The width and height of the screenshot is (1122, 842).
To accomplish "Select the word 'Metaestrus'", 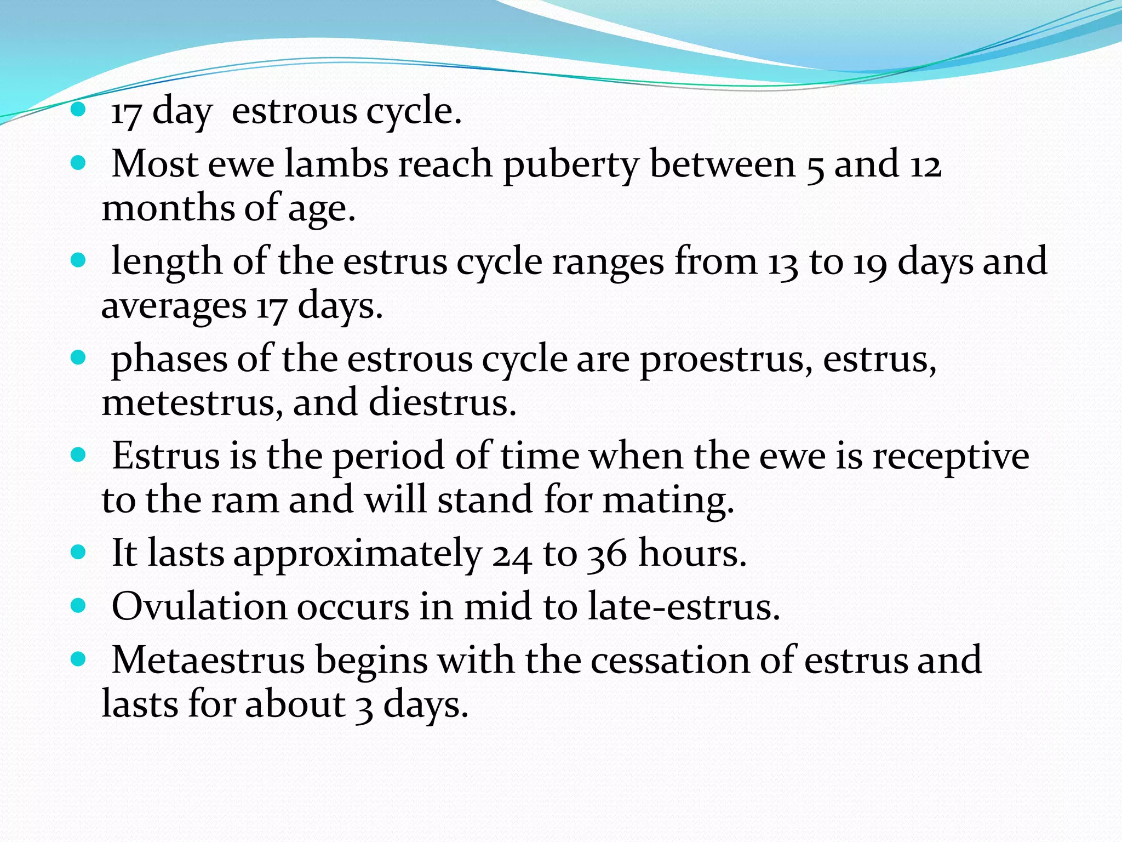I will click(x=208, y=660).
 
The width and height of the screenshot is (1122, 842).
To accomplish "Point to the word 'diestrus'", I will click(x=442, y=403).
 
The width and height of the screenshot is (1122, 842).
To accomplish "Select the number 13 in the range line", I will click(x=782, y=263).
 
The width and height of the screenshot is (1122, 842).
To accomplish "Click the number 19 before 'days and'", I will click(x=869, y=263).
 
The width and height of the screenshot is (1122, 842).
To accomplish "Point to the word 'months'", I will click(x=168, y=208).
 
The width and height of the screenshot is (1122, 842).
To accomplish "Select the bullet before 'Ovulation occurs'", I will click(x=79, y=605).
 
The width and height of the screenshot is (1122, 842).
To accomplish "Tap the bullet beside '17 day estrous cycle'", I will click(x=79, y=109).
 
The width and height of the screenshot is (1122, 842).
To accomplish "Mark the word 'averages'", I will click(x=174, y=306).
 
